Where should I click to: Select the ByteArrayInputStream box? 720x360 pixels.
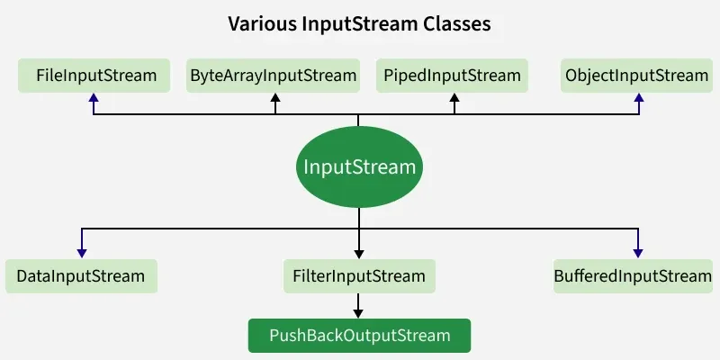[273, 76]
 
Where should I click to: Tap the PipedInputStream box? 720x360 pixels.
[452, 76]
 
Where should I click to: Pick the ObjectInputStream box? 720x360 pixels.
[636, 76]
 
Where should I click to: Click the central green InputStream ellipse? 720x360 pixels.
[359, 166]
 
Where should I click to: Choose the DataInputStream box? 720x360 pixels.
[81, 276]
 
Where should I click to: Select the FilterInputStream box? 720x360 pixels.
[359, 276]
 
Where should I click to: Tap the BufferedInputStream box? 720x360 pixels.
[633, 276]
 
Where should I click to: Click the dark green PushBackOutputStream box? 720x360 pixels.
[359, 336]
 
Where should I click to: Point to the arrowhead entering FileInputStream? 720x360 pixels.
[94, 98]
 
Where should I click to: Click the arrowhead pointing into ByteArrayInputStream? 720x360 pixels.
[276, 98]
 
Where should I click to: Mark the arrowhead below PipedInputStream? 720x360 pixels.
[454, 98]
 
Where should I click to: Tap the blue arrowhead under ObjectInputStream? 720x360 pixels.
[638, 98]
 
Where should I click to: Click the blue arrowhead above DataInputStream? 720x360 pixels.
[81, 254]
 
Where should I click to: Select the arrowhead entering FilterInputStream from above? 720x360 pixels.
[359, 254]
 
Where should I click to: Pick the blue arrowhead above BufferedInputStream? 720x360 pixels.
[637, 254]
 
